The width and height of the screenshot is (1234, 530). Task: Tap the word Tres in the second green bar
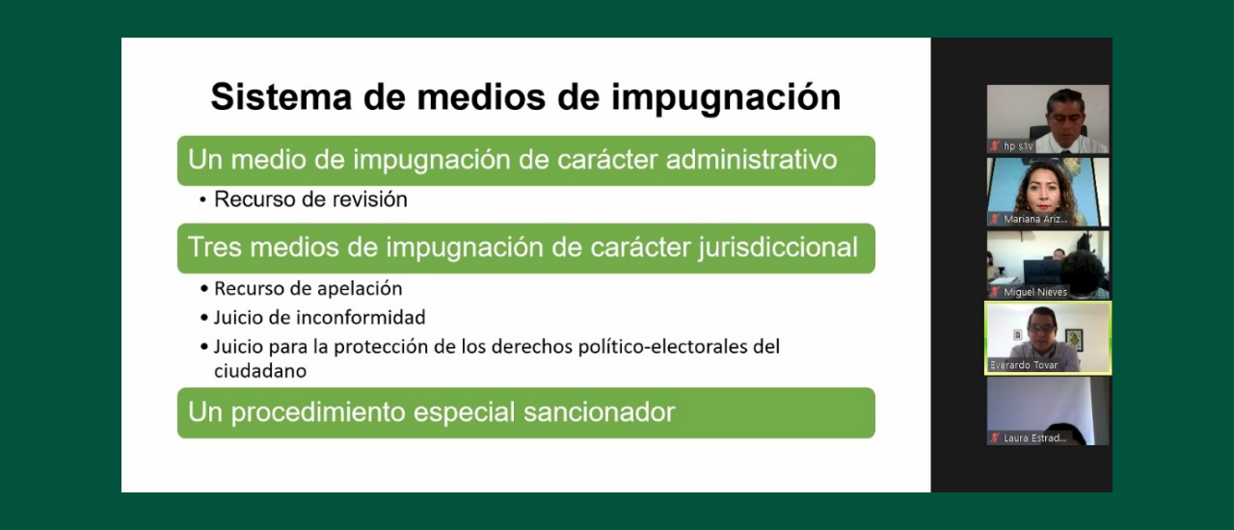coord(214,248)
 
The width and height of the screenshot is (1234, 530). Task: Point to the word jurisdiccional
coord(776,249)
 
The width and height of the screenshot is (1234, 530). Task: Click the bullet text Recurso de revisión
coord(310,199)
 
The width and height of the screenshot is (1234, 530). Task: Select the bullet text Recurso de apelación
coord(308,289)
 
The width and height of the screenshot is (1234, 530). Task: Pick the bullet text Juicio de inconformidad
coord(319,318)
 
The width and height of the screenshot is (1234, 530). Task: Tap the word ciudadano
coord(259,371)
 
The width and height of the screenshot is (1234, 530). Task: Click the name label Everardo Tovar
coord(1024,365)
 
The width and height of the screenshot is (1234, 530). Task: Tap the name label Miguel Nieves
coord(1035,292)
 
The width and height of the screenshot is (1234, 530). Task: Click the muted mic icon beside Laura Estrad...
coord(995,438)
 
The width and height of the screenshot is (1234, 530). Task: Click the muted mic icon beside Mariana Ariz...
coord(995,220)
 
